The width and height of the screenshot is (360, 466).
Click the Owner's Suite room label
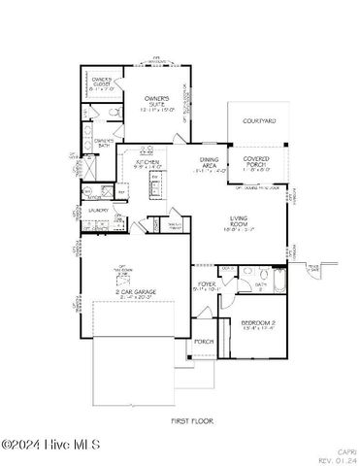(x=157, y=101)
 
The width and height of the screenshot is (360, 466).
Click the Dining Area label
(x=210, y=163)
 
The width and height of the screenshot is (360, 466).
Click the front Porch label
(x=204, y=342)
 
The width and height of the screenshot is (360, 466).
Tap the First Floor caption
(x=191, y=420)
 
